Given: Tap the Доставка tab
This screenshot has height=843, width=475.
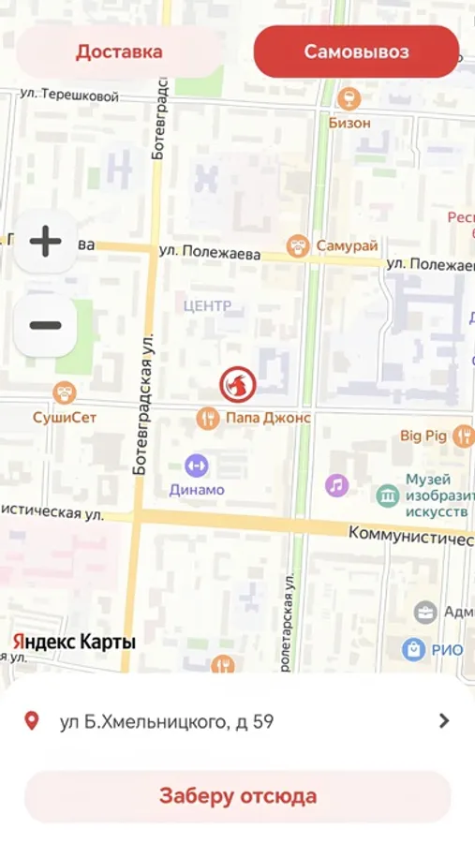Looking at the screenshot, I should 119,52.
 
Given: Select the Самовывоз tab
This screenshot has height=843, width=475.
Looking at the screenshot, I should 356,52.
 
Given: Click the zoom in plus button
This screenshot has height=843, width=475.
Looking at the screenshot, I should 45,242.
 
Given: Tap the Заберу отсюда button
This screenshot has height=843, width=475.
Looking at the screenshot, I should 237,796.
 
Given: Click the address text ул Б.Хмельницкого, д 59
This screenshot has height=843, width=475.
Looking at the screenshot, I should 167,721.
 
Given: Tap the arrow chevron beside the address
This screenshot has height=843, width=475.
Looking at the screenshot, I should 444,720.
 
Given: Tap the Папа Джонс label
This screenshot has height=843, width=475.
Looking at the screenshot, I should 268,419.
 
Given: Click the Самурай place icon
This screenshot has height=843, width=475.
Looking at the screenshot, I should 299,245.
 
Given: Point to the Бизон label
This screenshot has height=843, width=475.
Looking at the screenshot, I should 349,123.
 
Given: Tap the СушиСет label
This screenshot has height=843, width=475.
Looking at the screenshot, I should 66,417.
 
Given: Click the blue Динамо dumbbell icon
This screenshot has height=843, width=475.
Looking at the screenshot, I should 197,465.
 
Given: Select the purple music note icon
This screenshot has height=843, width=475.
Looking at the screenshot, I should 336,484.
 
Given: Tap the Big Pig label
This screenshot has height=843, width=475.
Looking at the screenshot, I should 423,435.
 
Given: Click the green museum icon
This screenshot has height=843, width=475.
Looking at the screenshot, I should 387,495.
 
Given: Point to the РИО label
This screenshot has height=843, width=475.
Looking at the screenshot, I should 447,648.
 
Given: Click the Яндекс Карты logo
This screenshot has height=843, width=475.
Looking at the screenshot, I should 74,643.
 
